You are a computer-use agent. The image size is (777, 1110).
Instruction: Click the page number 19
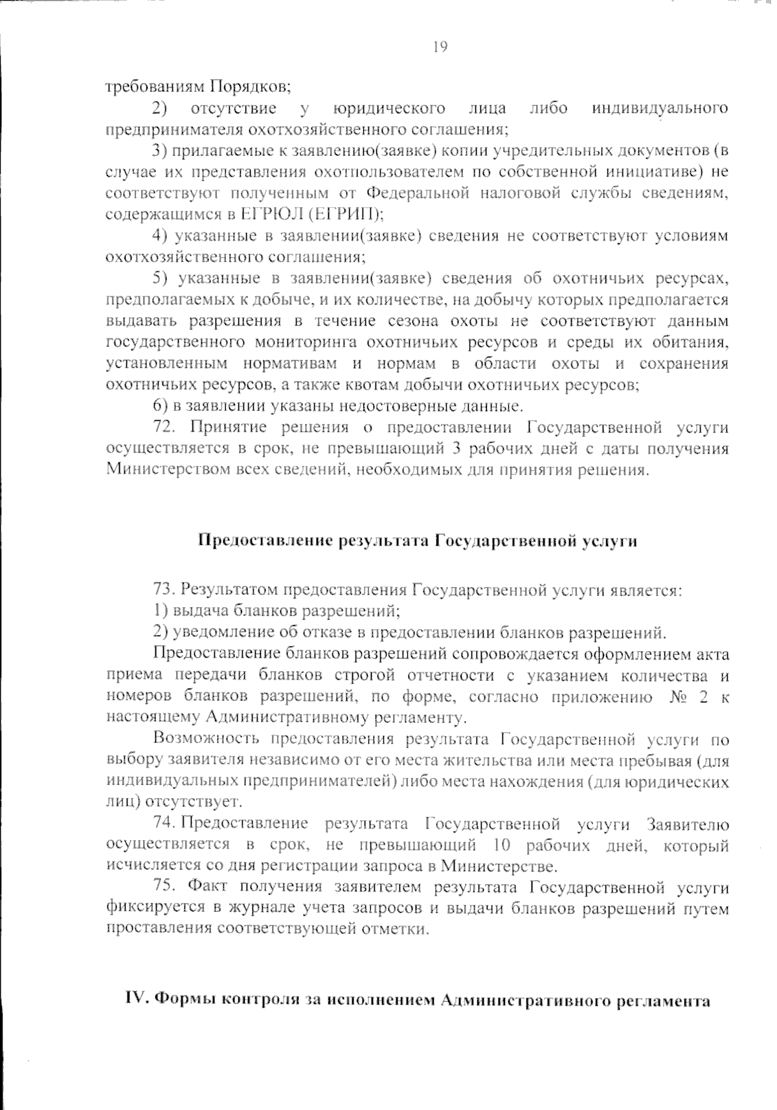438,47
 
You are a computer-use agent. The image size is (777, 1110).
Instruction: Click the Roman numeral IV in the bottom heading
137,1000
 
